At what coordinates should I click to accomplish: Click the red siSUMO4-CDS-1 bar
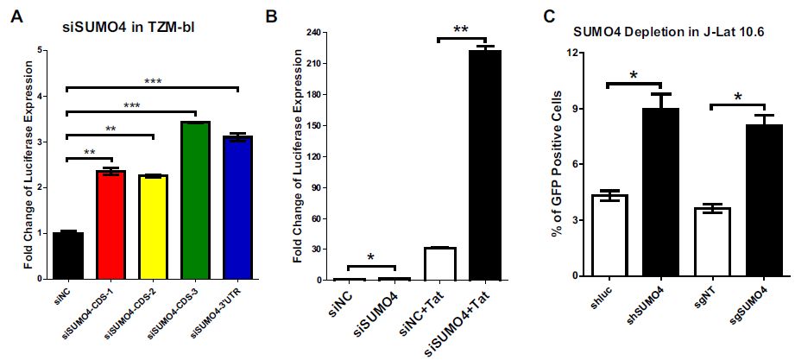112,225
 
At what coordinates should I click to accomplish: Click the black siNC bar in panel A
69,256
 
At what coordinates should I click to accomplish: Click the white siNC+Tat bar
439,263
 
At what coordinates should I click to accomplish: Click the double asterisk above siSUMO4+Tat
461,29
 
